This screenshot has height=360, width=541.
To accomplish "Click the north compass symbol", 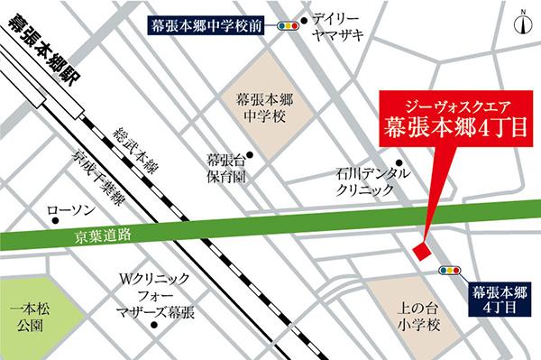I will pyautogui.click(x=522, y=22).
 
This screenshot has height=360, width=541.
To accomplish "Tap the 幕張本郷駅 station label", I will pyautogui.click(x=41, y=50).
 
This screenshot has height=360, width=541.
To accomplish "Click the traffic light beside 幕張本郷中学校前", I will pyautogui.click(x=289, y=27).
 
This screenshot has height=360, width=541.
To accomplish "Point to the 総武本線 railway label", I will pyautogui.click(x=131, y=149).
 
